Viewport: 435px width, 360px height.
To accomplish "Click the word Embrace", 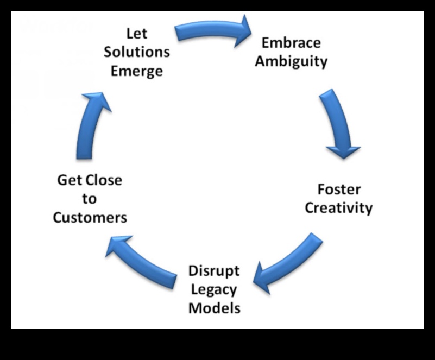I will point(291,43).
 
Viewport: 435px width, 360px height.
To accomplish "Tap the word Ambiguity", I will point(291,61).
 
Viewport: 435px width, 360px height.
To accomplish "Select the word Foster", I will point(339,190).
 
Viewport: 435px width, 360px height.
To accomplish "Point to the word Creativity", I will point(339,208).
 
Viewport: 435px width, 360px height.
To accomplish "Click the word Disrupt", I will point(214,271).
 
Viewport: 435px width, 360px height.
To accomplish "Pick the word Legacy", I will point(214,289).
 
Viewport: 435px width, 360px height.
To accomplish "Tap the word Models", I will point(214,308).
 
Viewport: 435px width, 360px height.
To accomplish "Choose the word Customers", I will point(90,218).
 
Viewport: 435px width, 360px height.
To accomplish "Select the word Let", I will point(137,34).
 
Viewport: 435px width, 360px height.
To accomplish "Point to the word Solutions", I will point(137,52).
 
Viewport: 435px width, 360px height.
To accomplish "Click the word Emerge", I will point(137,71).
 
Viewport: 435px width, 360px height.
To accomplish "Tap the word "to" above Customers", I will point(90,199).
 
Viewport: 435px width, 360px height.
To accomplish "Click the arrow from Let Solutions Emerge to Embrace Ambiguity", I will point(209,31).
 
